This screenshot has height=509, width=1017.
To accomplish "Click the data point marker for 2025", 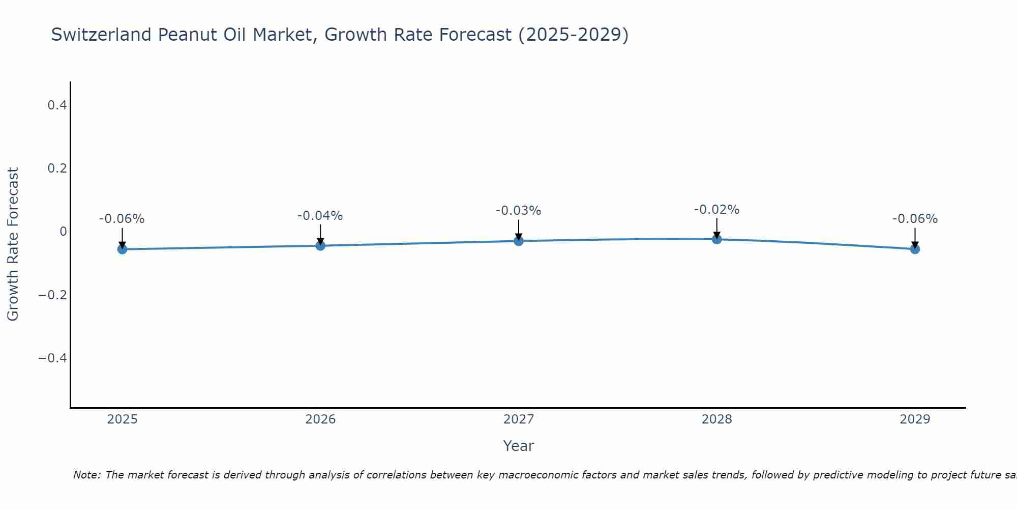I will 122,249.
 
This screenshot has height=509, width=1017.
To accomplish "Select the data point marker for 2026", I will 320,245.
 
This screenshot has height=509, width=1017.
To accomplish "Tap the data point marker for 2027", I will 519,241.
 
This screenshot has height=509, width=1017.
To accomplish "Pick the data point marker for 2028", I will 717,239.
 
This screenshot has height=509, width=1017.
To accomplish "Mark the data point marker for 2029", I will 915,249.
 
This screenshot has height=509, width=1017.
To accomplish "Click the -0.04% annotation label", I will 320,216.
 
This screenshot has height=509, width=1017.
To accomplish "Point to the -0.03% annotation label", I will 518,211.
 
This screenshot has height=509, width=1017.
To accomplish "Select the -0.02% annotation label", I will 716,210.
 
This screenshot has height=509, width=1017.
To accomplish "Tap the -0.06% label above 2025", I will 122,219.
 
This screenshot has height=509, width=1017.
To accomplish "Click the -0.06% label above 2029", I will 915,219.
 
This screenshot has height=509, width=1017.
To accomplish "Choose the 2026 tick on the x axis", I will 320,419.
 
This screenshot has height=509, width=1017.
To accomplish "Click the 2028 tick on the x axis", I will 717,419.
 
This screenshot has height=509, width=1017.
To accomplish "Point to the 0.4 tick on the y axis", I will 57,105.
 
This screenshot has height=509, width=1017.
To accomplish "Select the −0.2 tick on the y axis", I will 52,295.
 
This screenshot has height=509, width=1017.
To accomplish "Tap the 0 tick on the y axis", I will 63,232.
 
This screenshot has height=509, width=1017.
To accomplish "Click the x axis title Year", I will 518,446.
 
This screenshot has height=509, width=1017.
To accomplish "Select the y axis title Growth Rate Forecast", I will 13,244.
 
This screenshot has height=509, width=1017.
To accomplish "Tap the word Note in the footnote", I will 86,475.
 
